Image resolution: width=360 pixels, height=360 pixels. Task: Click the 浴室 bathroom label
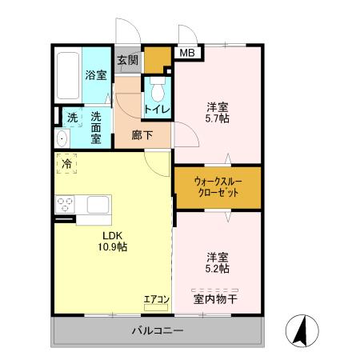96,76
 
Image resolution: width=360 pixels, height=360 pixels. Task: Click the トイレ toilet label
156,108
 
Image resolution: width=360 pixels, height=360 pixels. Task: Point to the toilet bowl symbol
157,86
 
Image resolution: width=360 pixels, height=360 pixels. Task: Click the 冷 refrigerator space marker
66,163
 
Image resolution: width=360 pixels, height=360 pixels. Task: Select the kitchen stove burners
64,203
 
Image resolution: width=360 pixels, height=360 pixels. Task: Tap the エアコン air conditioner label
156,300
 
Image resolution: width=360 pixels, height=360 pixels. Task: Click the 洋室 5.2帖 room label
218,263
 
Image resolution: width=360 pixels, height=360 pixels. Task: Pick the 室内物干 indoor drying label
216,300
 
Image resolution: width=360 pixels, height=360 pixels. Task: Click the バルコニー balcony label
158,331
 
